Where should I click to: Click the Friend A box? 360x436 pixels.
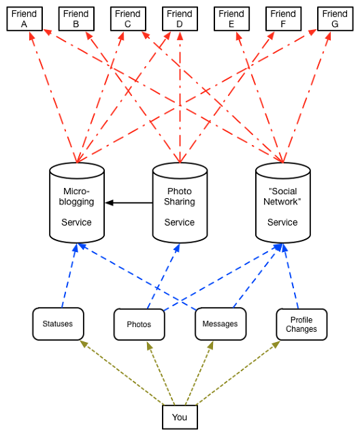tap(24, 19)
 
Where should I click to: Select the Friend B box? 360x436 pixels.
tap(76, 19)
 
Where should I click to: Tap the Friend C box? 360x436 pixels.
tap(128, 19)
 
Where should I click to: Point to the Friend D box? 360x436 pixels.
tap(180, 19)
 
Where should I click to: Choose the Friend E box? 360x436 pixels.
tap(231, 19)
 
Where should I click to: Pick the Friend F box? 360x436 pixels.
tap(284, 19)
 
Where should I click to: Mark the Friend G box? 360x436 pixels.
tap(336, 19)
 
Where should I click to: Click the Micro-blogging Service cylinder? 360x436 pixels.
tap(77, 203)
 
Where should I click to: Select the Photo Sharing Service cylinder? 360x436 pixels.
tap(180, 203)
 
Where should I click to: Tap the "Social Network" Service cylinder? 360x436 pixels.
tap(283, 203)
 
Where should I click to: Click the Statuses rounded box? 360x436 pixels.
tap(58, 324)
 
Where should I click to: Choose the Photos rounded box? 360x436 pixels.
tap(139, 324)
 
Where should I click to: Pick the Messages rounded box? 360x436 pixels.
tap(220, 324)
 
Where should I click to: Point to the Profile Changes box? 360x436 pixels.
tap(301, 324)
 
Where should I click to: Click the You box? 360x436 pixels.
tap(180, 417)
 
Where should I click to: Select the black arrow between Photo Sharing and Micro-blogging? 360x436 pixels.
tap(129, 203)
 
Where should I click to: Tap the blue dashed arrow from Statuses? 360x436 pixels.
tap(69, 276)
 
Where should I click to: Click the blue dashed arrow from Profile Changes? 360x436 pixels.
tap(291, 276)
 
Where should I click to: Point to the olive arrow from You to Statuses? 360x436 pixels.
tap(122, 373)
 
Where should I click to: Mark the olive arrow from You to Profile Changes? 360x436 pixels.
tap(238, 373)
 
